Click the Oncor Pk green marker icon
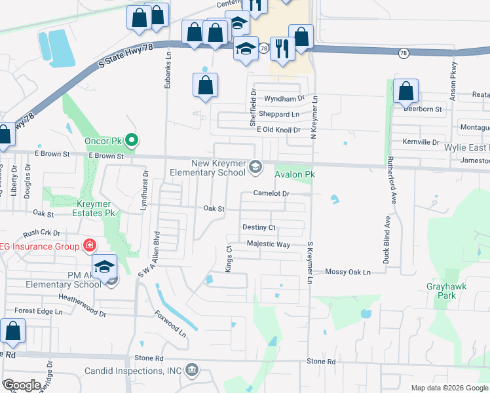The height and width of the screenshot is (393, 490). click(132, 140)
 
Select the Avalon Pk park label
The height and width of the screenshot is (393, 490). click(295, 175)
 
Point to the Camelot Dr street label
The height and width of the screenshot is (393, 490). click(272, 194)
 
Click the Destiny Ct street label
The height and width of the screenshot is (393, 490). click(259, 227)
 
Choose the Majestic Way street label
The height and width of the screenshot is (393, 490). click(268, 244)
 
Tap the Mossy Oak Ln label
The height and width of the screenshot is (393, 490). click(348, 272)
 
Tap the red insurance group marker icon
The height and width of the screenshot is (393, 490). click(89, 246)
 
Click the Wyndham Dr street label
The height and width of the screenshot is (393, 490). click(284, 98)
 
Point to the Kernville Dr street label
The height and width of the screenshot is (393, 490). click(421, 141)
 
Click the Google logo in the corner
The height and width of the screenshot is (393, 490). click(22, 385)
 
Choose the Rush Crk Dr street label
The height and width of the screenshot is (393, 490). click(41, 233)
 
